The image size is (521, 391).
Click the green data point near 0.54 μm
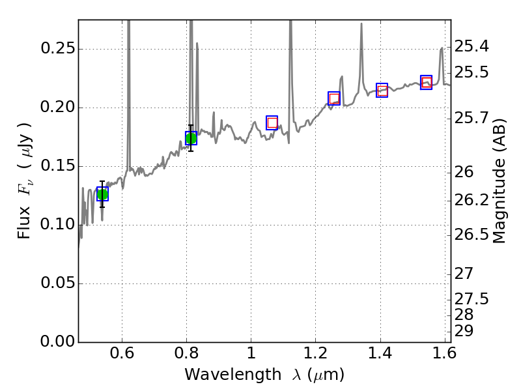click(x=102, y=194)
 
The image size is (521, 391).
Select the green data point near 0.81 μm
click(x=191, y=138)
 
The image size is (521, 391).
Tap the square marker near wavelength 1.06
click(x=272, y=123)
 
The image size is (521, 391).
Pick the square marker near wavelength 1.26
click(x=334, y=98)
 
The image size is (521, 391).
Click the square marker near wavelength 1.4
click(x=382, y=90)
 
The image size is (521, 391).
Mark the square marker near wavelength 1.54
click(x=427, y=81)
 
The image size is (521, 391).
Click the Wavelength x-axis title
click(x=264, y=375)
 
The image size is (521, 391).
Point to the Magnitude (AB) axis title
click(x=500, y=181)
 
